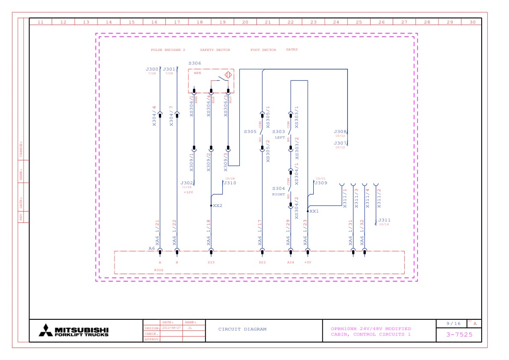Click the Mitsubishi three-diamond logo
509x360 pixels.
[46, 330]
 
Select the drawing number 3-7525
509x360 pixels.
[459, 334]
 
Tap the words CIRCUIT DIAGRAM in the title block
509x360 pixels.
[242, 329]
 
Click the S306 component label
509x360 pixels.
[194, 63]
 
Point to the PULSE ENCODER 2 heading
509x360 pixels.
[168, 50]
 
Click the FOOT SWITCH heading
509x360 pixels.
[263, 50]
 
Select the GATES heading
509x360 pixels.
[292, 50]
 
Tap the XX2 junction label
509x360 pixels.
[218, 206]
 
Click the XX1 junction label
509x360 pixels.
[314, 211]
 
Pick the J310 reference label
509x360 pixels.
[230, 183]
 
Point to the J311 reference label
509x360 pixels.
[384, 220]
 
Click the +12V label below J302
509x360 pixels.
[188, 192]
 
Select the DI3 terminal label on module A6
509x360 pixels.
[211, 262]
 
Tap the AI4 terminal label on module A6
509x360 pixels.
[291, 262]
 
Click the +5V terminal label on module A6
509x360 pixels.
[308, 262]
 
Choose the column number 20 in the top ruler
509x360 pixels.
[245, 22]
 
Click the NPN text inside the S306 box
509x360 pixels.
[197, 73]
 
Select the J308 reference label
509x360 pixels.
[340, 132]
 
